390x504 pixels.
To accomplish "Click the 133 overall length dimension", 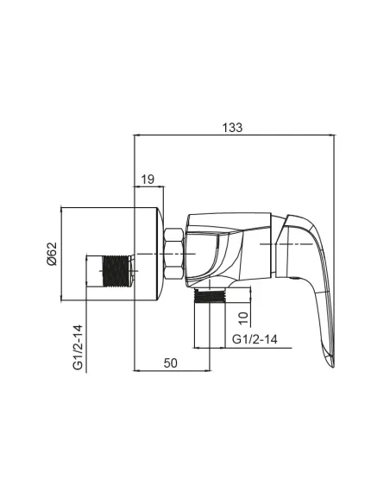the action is (x=233, y=128).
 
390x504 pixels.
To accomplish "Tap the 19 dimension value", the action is (x=148, y=180).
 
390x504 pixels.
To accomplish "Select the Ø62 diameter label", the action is (x=52, y=254).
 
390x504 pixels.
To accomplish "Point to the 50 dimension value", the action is (x=170, y=363).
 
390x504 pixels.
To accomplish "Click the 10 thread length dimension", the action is (x=244, y=318).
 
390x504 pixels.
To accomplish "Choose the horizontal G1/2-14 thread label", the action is (x=255, y=339).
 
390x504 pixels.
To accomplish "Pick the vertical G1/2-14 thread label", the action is (x=78, y=348).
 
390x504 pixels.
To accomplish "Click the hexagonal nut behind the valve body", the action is (x=173, y=254).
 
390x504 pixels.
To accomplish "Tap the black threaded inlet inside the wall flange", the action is (x=116, y=271).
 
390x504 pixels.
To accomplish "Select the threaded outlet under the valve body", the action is (x=210, y=296).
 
